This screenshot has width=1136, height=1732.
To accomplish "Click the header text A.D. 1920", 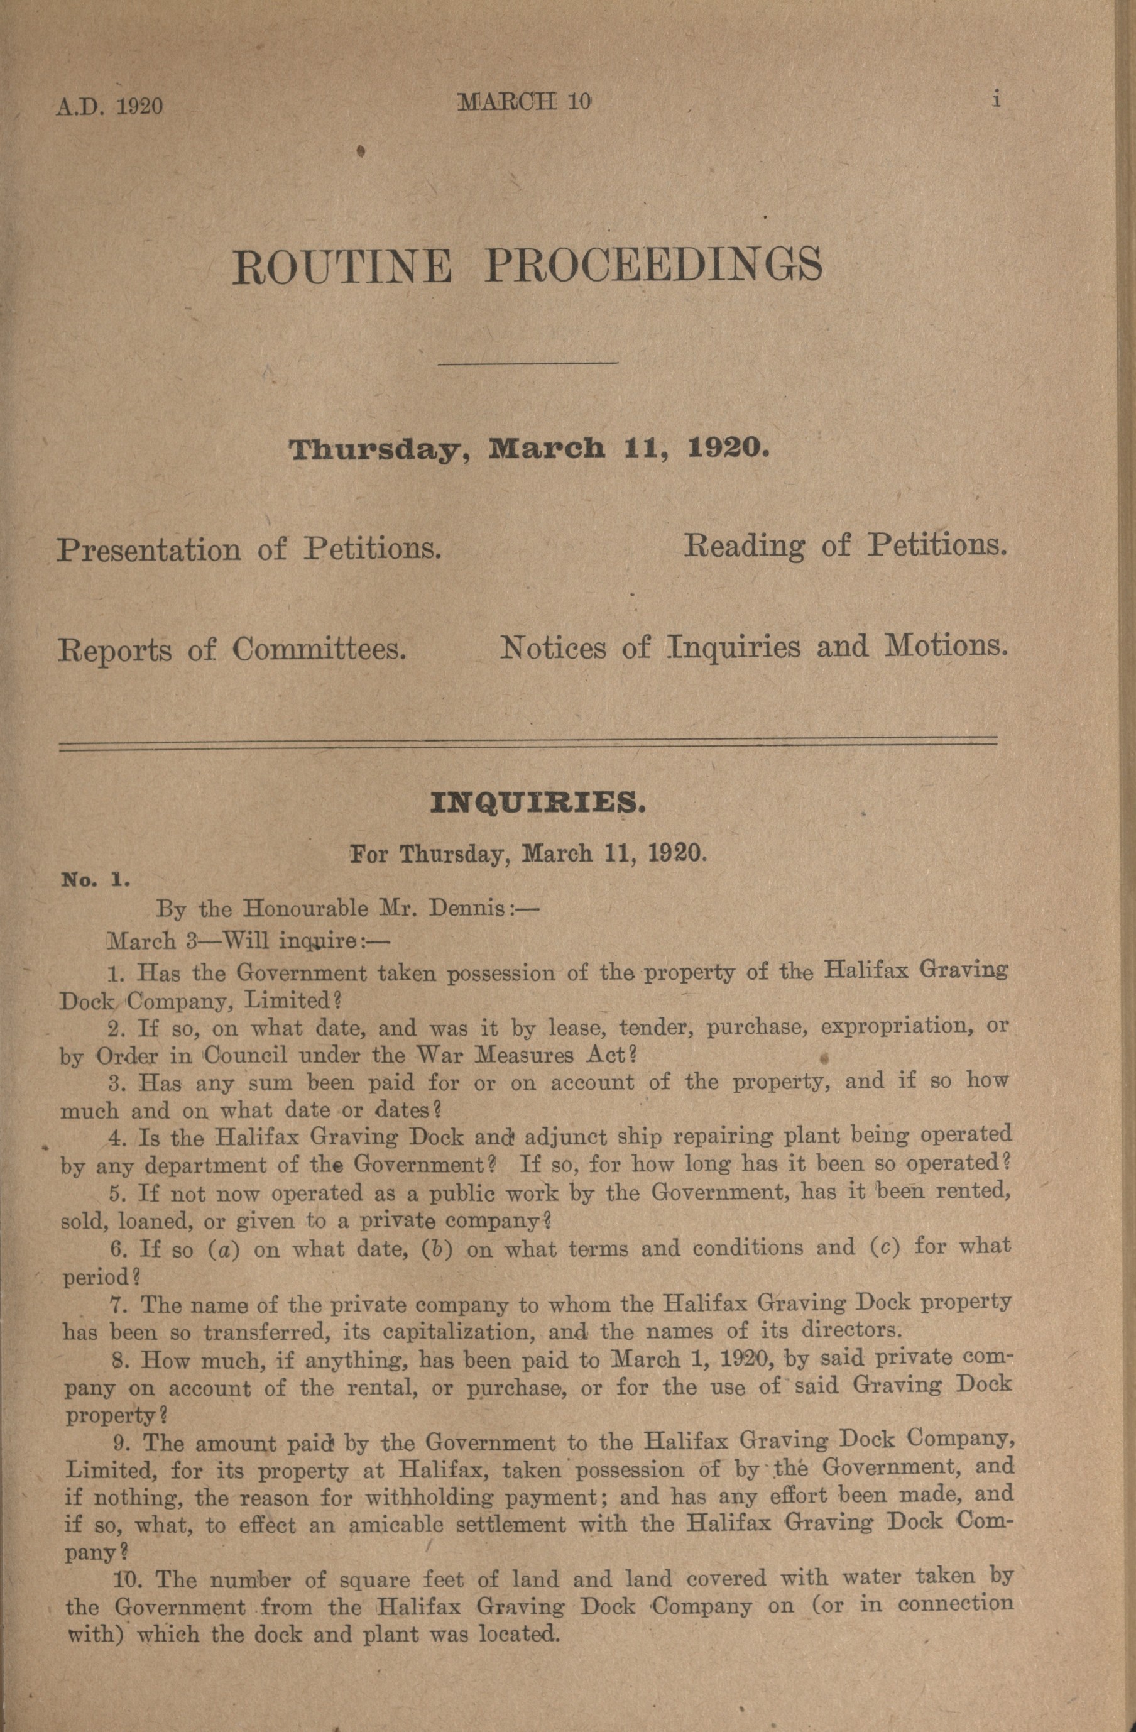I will click(109, 106).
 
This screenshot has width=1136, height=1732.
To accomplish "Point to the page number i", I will click(997, 100).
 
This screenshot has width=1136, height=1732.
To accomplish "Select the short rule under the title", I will click(530, 363).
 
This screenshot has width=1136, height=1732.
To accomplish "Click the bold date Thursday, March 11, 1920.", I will click(529, 447).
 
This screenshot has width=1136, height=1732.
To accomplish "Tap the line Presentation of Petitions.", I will click(249, 549).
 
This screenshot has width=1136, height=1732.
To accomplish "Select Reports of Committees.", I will click(231, 649).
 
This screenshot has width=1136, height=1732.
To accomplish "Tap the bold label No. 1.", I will click(96, 879).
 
